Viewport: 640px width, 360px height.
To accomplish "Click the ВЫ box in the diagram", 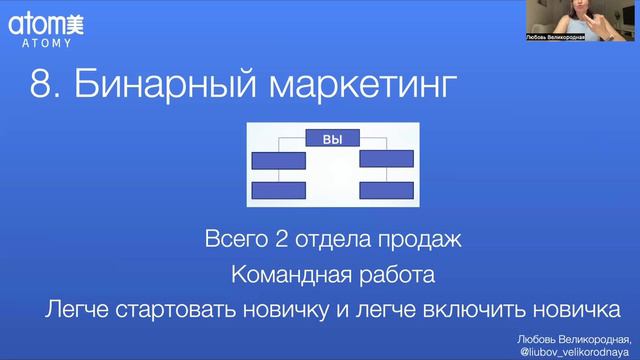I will (332, 140).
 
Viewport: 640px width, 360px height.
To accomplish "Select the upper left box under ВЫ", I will (278, 159).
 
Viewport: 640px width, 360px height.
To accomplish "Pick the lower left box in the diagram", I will (278, 191).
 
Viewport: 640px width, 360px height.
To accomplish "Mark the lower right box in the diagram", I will (385, 191).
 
